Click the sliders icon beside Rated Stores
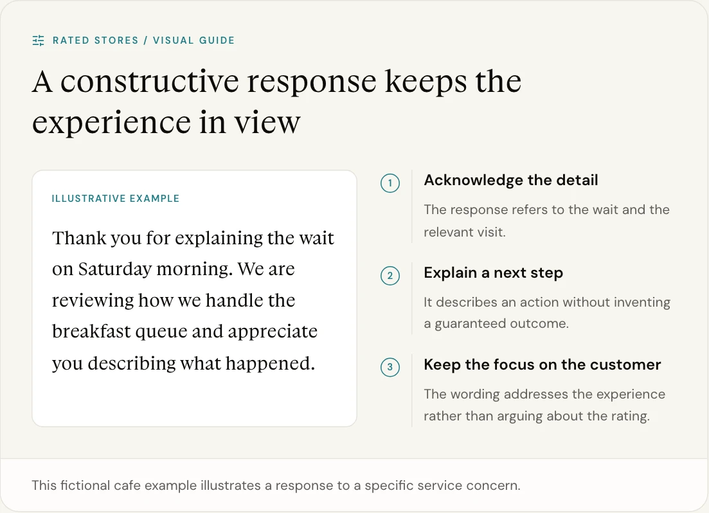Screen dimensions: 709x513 39,40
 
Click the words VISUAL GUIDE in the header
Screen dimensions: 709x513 193,40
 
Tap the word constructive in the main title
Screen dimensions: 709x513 150,82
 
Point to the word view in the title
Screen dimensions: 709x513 267,122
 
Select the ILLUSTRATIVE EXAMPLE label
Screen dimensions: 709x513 115,199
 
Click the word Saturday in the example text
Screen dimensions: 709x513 115,269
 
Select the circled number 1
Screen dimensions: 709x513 390,183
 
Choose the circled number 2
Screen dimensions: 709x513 390,276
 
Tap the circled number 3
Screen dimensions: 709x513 390,367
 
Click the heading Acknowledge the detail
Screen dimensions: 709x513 511,180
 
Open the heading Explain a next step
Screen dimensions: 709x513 493,273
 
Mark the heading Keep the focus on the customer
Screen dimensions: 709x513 542,364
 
